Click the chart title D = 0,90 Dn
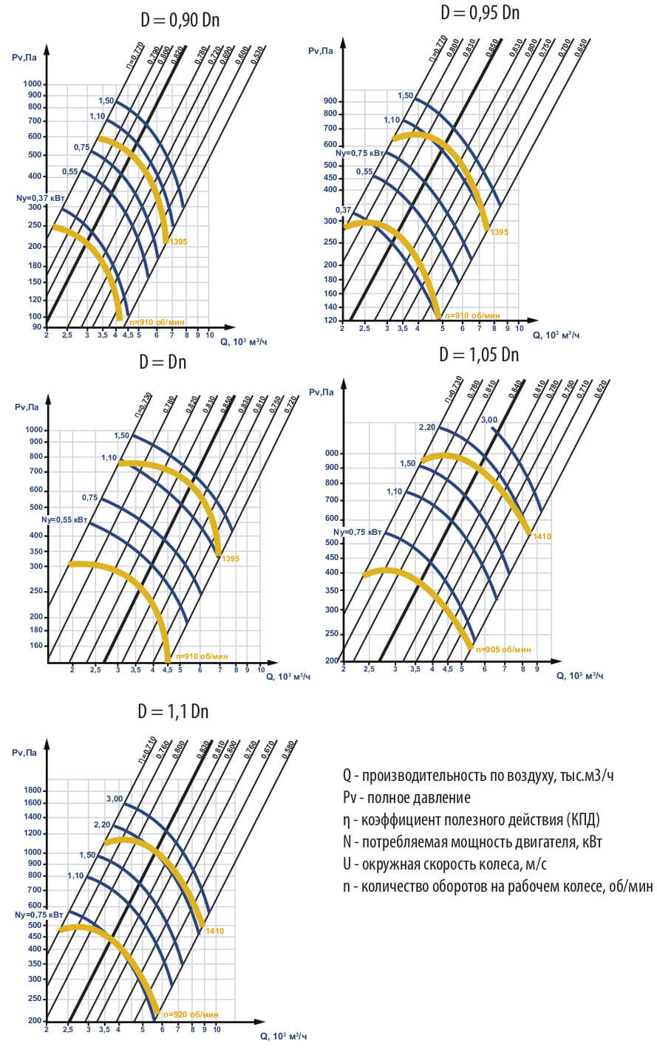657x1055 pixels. tap(180, 20)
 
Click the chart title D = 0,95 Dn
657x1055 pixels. tap(480, 13)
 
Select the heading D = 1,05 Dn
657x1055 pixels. tap(479, 355)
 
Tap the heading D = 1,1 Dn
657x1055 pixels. tap(173, 711)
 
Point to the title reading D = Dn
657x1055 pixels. tap(163, 362)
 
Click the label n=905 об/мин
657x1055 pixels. tap(504, 649)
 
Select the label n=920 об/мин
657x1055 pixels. tap(191, 1014)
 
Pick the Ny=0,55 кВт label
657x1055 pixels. tap(64, 519)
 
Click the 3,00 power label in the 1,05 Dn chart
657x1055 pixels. tap(489, 420)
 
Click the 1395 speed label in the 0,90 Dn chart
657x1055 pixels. tap(178, 242)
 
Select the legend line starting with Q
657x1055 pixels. tap(477, 775)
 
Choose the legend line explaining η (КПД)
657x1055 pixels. tap(471, 820)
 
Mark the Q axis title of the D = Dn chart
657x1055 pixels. tap(287, 676)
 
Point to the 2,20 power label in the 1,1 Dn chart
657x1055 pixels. tap(102, 824)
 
